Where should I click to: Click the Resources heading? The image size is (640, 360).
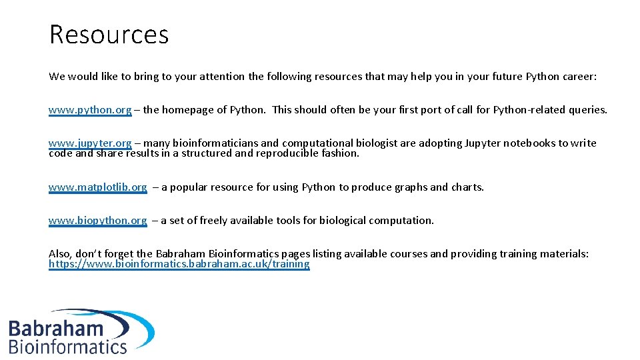click(x=109, y=35)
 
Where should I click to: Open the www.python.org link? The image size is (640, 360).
click(x=90, y=110)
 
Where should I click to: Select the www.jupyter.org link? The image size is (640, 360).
click(x=90, y=143)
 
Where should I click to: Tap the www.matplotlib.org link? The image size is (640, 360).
click(x=97, y=187)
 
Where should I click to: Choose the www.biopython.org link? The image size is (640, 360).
click(x=97, y=221)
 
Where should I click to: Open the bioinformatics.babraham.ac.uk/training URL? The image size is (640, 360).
click(x=179, y=264)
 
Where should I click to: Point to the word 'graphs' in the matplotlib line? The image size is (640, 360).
click(x=410, y=187)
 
